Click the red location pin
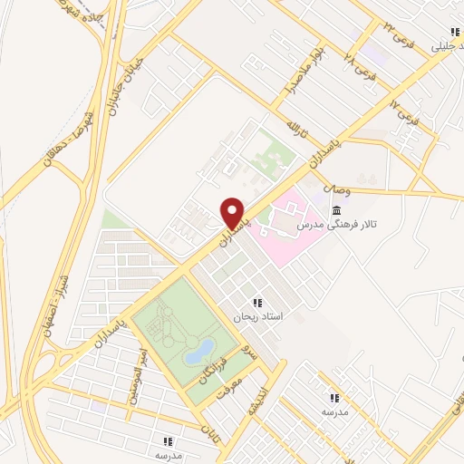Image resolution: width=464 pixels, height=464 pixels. [x=233, y=214]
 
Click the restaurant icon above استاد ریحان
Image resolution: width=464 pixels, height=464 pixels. [x=258, y=303]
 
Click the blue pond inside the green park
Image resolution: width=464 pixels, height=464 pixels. [x=199, y=351]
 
